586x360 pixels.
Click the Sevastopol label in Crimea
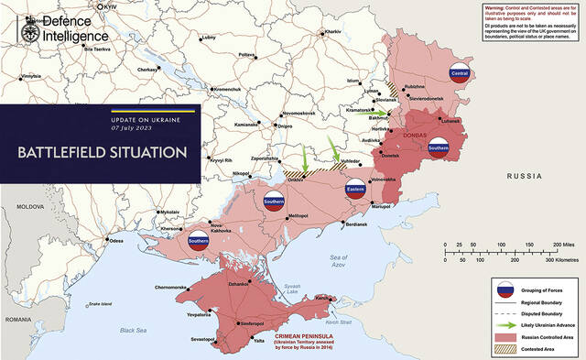coord(202,339)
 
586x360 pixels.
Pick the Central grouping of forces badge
coord(461,73)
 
